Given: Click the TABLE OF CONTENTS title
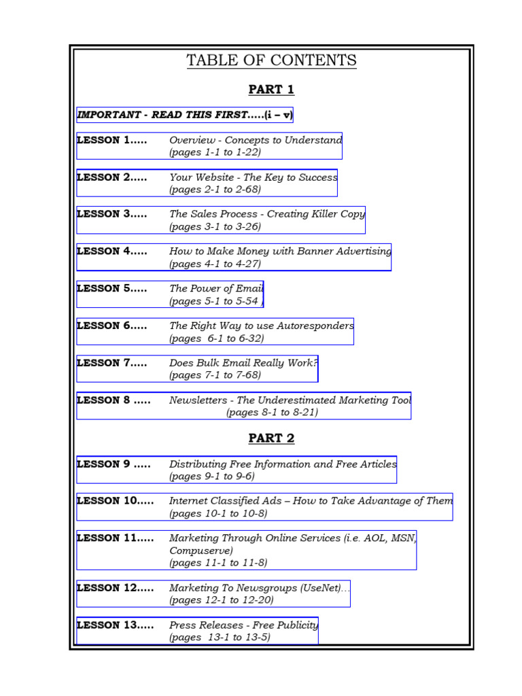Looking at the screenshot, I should coord(271,60).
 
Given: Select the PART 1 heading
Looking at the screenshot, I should coord(271,90).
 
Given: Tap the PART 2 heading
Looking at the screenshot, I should coord(271,438).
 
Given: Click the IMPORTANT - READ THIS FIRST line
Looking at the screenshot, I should coord(184,115).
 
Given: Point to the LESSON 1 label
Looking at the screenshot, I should coord(111,140).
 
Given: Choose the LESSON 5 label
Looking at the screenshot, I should coord(111,288).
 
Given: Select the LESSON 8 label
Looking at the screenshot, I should coord(114,400).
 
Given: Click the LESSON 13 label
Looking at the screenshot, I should coord(115,625).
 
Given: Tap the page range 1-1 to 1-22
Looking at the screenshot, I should coord(215,152).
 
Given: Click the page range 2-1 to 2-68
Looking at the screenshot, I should coord(215,190).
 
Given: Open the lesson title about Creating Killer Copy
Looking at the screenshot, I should coord(267,214).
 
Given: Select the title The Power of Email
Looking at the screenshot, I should coord(215,288).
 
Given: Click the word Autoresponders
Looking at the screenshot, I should coord(315,326).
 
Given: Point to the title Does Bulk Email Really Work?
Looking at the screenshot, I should coord(243,363).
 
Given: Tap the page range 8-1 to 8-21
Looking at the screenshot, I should coord(272,413).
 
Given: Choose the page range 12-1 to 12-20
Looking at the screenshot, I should coord(222,600).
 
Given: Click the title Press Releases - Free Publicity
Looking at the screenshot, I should coord(243,625).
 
